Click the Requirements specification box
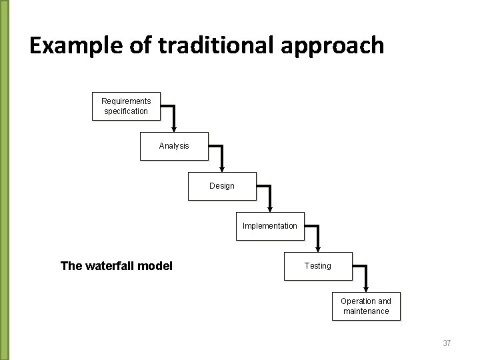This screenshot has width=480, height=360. pyautogui.click(x=126, y=106)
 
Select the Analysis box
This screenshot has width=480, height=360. pyautogui.click(x=174, y=146)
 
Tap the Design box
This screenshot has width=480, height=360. pyautogui.click(x=222, y=186)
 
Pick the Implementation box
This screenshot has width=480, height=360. pyautogui.click(x=270, y=226)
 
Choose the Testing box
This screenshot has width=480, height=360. pyautogui.click(x=317, y=266)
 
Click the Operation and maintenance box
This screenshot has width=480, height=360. pyautogui.click(x=366, y=306)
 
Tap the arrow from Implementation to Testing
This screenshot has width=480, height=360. pyautogui.click(x=317, y=237)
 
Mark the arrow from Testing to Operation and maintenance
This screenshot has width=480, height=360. pyautogui.click(x=365, y=277)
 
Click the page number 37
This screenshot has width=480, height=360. pyautogui.click(x=447, y=343)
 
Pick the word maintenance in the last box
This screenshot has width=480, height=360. pyautogui.click(x=366, y=311)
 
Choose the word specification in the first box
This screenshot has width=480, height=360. pyautogui.click(x=126, y=111)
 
